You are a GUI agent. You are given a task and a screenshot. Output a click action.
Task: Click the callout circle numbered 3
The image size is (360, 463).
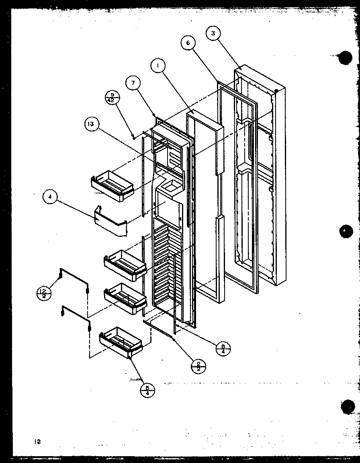[213, 34]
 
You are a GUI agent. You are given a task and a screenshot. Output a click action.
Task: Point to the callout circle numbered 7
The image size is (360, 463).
[133, 83]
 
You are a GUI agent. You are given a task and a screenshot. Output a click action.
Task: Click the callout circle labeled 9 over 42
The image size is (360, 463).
[110, 98]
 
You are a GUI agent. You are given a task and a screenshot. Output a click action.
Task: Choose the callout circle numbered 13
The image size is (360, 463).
[92, 124]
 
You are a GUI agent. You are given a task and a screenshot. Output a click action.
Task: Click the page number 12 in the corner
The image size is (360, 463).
[37, 442]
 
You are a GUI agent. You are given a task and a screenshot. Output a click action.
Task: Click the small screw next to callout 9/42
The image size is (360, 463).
[133, 137]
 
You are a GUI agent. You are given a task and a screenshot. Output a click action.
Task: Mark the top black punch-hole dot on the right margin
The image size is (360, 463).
[345, 58]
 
